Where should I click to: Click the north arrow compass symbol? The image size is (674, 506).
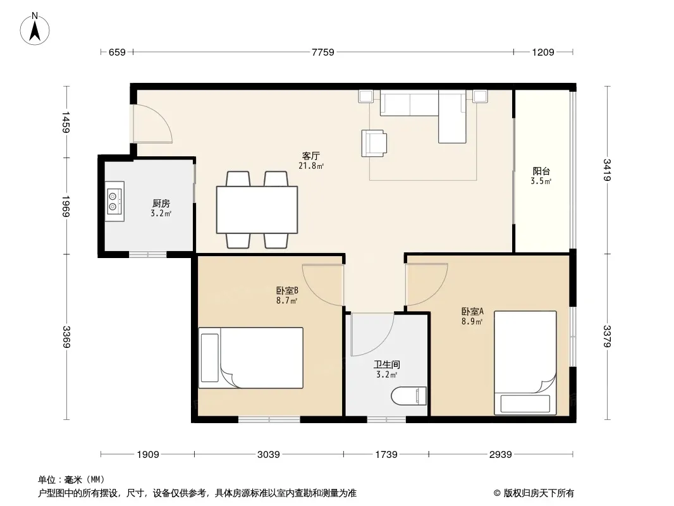35,29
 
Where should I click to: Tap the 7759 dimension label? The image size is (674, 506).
323,52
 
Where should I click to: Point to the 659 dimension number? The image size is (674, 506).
117,52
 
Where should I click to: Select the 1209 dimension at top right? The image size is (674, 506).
543,52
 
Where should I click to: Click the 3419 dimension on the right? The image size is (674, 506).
606,170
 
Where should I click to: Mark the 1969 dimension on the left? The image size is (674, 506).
66,206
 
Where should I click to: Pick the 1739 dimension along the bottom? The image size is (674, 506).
386,454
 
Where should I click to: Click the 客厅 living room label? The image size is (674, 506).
311,156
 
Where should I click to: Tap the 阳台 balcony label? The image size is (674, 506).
541,171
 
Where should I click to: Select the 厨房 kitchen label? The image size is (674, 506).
161,203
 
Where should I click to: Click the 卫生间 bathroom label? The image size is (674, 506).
386,364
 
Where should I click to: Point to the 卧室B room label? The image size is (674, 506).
287,290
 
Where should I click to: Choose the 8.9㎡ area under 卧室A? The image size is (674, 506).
472,321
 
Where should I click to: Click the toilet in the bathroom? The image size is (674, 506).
409,395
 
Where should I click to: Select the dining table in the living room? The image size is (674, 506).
257,209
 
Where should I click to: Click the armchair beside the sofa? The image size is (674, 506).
374,143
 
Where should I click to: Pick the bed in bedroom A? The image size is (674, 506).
525,363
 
